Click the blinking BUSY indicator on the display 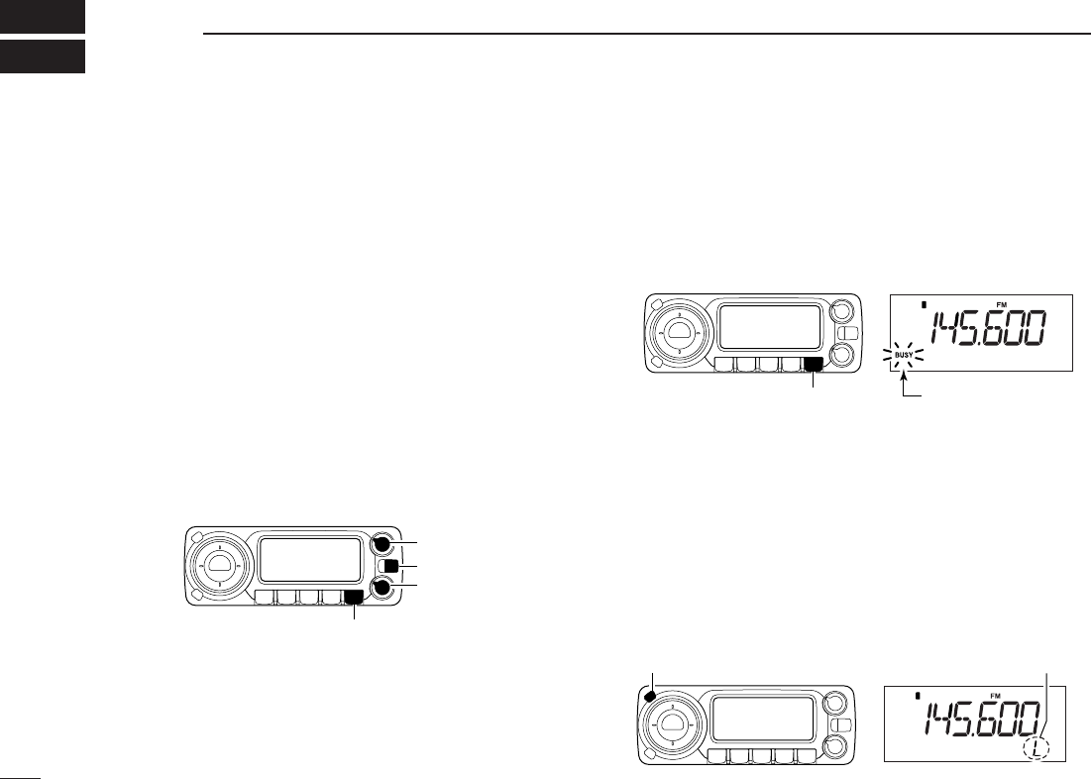pyautogui.click(x=903, y=355)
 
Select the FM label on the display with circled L pyautogui.click(x=994, y=696)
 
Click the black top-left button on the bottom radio pyautogui.click(x=649, y=696)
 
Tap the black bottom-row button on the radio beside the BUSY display pyautogui.click(x=813, y=364)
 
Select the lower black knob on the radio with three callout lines pyautogui.click(x=381, y=589)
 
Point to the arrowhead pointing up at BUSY pyautogui.click(x=903, y=377)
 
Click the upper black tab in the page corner pyautogui.click(x=43, y=16)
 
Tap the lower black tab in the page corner pyautogui.click(x=43, y=56)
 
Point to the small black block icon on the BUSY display pyautogui.click(x=925, y=304)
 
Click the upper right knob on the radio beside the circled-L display pyautogui.click(x=832, y=703)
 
